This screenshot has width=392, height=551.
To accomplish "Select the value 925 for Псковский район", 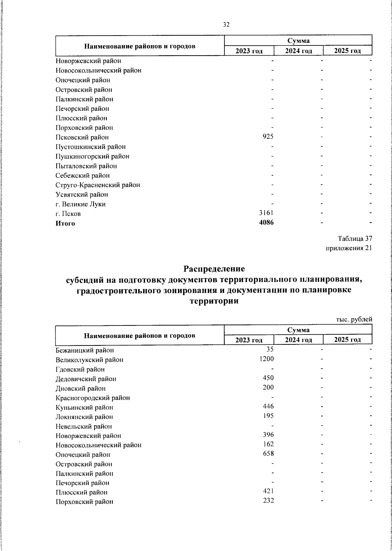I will pyautogui.click(x=268, y=137).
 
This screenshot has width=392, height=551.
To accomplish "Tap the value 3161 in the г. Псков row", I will pyautogui.click(x=266, y=213).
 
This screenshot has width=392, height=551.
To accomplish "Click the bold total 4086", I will pyautogui.click(x=266, y=223).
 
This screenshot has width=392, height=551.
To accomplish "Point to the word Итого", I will pyautogui.click(x=65, y=224).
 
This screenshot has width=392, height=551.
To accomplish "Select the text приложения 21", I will pyautogui.click(x=349, y=248).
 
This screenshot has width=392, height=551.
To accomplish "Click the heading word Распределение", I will pyautogui.click(x=214, y=269).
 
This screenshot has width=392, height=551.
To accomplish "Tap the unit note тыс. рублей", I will pyautogui.click(x=354, y=319).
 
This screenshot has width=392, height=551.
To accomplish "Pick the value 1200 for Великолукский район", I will pyautogui.click(x=266, y=359).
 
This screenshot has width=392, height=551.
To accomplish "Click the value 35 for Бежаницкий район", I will pyautogui.click(x=270, y=349).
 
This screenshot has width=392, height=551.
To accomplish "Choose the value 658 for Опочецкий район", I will pyautogui.click(x=268, y=454).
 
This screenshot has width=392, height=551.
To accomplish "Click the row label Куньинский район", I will pyautogui.click(x=84, y=408).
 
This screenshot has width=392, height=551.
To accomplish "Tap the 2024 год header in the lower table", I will pyautogui.click(x=298, y=340).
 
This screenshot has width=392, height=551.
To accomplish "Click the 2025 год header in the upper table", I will pyautogui.click(x=347, y=51).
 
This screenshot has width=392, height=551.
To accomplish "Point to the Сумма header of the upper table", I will pyautogui.click(x=298, y=41).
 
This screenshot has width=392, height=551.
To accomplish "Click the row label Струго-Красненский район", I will pyautogui.click(x=98, y=185).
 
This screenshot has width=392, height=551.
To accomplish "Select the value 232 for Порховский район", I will pyautogui.click(x=268, y=501).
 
